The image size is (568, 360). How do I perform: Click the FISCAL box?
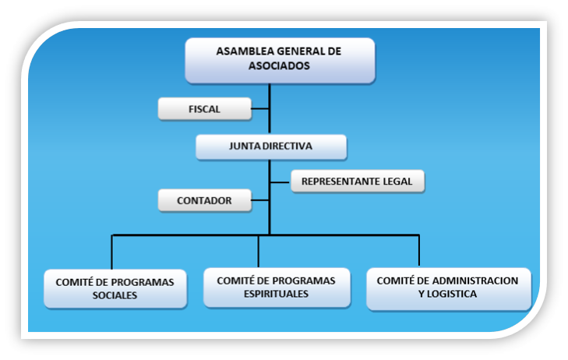(x=205, y=108)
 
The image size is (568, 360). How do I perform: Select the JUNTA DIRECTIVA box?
(x=271, y=147)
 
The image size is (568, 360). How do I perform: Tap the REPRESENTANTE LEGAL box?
(x=358, y=181)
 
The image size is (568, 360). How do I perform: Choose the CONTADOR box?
(x=205, y=200)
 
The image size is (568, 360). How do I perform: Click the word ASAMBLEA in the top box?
(x=238, y=51)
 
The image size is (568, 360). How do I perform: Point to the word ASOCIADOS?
(x=279, y=66)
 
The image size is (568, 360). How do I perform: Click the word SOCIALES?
(x=115, y=295)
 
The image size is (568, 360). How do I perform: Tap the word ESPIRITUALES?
(x=276, y=294)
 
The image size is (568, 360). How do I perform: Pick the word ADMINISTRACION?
(x=475, y=281)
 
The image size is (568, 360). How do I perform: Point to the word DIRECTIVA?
(x=288, y=146)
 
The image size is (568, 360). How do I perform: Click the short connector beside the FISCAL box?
(x=260, y=108)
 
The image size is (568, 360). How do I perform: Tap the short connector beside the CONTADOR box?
(x=260, y=200)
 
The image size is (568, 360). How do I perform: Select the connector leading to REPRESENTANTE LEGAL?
(x=280, y=182)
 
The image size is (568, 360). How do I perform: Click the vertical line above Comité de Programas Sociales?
(x=112, y=252)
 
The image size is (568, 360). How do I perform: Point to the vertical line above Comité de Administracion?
(x=419, y=251)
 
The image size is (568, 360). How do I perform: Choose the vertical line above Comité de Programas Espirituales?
(x=258, y=252)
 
